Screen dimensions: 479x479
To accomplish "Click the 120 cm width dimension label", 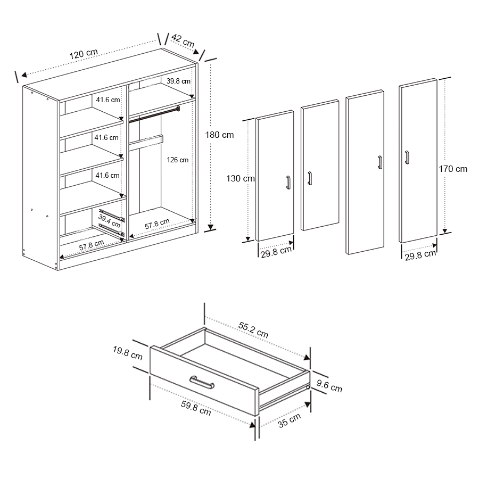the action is click(84, 54).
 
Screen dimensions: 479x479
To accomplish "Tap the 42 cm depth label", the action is click(183, 40).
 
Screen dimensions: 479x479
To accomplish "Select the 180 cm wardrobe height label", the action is click(219, 135).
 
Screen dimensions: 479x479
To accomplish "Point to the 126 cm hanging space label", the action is click(177, 160).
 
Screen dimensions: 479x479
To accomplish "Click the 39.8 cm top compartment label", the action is click(178, 81).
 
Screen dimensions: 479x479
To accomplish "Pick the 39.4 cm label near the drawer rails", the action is click(109, 221).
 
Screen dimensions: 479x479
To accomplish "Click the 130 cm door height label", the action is click(241, 178).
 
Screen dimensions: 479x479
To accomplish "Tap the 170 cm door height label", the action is click(453, 169).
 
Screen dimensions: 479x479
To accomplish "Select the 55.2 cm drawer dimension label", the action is click(253, 329).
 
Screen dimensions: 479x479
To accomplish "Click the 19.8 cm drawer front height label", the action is click(128, 353).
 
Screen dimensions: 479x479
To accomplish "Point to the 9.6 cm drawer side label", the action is click(329, 385).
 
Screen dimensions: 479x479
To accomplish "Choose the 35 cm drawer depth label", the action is click(290, 420).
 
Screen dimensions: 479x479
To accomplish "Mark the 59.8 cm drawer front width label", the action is click(196, 408).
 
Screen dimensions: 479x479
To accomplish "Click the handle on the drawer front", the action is click(202, 382).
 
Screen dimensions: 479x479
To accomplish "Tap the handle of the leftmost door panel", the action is click(288, 183).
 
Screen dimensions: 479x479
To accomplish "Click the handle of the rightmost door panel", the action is click(407, 158).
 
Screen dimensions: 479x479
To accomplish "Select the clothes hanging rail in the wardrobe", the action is click(154, 114).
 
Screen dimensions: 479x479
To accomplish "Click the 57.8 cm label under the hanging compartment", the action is click(157, 224).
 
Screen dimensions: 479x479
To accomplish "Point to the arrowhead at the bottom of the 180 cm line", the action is click(210, 227).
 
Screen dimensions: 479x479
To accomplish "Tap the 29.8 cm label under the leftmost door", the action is click(276, 252).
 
